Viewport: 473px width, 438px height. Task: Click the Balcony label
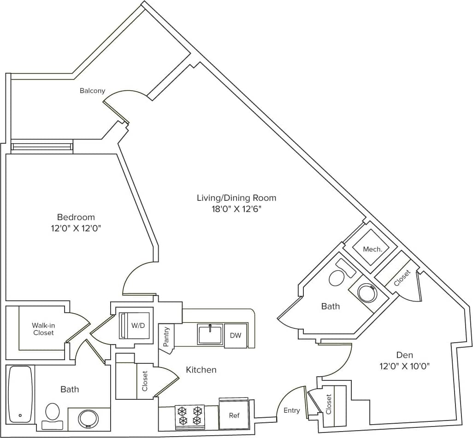[92, 91]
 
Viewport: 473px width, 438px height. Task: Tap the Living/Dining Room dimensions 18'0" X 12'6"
[236, 208]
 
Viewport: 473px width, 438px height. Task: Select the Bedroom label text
[76, 217]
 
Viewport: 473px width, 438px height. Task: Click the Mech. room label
[372, 249]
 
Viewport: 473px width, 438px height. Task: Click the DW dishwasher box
[235, 335]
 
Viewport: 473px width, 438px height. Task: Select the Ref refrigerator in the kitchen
[234, 415]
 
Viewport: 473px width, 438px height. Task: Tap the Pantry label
[166, 337]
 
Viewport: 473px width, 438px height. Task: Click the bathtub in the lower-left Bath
[20, 394]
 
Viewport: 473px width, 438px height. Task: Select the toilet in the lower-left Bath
[53, 414]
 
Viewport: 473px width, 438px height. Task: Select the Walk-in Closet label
[43, 329]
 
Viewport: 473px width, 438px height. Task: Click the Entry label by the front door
[291, 410]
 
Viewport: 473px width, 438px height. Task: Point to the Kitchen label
[201, 370]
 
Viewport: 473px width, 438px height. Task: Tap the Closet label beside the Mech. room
[402, 278]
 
